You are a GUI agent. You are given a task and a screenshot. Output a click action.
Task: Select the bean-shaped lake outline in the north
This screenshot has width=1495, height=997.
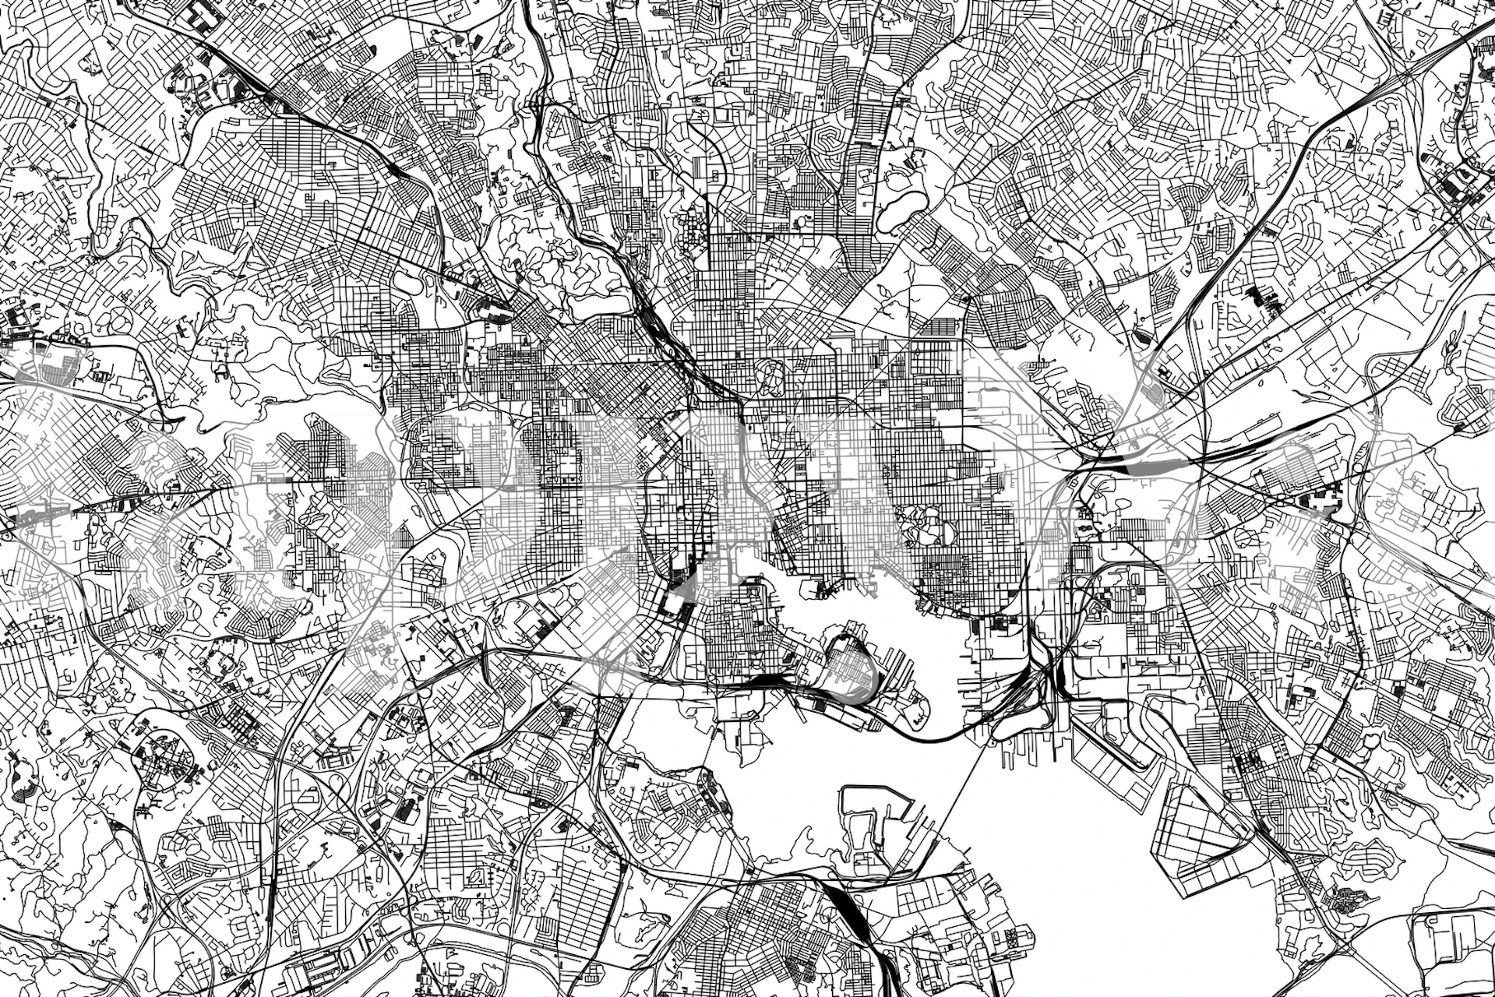[x=904, y=206]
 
